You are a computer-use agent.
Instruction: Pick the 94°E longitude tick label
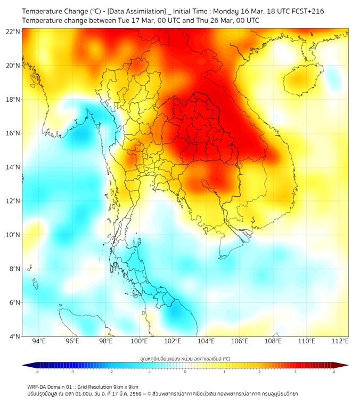pyautogui.click(x=39, y=342)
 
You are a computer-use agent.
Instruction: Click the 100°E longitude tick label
pyautogui.click(x=139, y=342)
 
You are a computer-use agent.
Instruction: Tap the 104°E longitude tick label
pyautogui.click(x=206, y=342)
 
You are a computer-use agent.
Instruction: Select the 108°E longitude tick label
pyautogui.click(x=273, y=342)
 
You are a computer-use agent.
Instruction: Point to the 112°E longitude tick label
pyautogui.click(x=340, y=342)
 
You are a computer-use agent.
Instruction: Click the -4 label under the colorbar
pyautogui.click(x=37, y=372)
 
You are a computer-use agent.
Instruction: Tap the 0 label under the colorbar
pyautogui.click(x=185, y=372)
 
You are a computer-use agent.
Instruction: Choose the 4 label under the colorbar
pyautogui.click(x=334, y=372)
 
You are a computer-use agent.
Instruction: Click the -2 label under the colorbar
pyautogui.click(x=111, y=372)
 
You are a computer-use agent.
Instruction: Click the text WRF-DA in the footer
pyautogui.click(x=38, y=386)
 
